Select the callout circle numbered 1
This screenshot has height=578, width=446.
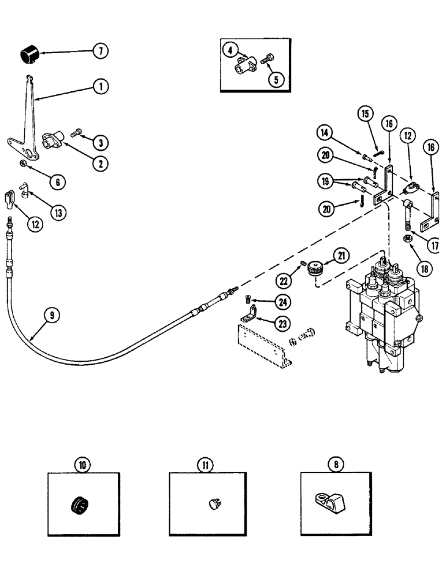[x=100, y=87]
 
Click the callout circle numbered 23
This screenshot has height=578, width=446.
[x=283, y=324]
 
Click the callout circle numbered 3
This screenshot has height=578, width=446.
[x=100, y=142]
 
